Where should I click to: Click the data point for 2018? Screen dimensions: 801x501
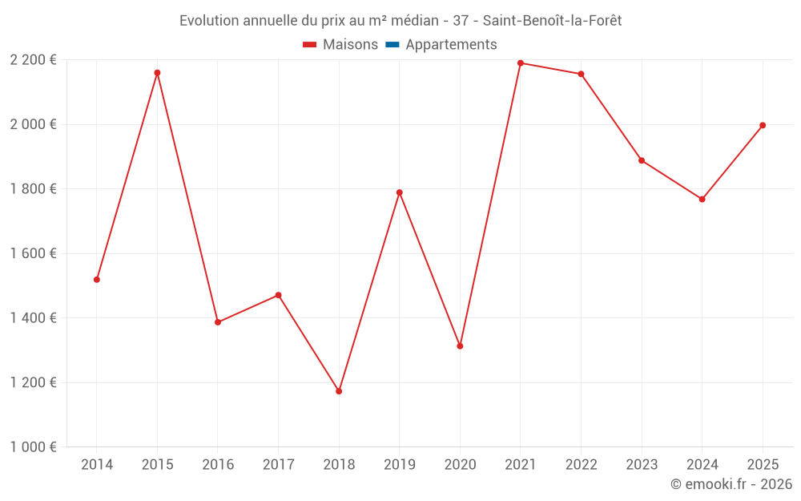click(339, 391)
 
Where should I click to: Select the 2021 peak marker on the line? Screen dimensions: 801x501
click(521, 63)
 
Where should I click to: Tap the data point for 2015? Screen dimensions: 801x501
click(157, 73)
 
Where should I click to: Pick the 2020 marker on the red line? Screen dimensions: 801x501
click(460, 346)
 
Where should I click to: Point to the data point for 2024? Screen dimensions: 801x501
click(702, 200)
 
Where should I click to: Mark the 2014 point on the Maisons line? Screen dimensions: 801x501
click(97, 280)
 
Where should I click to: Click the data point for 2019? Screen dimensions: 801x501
click(400, 192)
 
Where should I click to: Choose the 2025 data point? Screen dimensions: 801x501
click(763, 125)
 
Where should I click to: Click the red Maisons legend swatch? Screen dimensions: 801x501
click(309, 45)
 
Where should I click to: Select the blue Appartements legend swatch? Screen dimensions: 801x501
click(392, 45)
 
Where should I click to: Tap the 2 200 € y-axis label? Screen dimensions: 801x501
click(33, 60)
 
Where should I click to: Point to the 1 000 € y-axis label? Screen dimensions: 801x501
click(33, 446)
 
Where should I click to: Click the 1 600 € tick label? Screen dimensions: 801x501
click(33, 253)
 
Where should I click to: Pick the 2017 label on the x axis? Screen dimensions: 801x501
click(279, 464)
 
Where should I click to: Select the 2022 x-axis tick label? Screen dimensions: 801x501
click(582, 464)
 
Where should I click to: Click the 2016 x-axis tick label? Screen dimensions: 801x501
click(218, 464)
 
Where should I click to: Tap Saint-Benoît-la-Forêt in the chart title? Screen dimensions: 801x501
click(552, 21)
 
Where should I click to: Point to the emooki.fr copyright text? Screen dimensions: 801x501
click(731, 483)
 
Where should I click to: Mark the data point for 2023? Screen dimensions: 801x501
click(642, 160)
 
